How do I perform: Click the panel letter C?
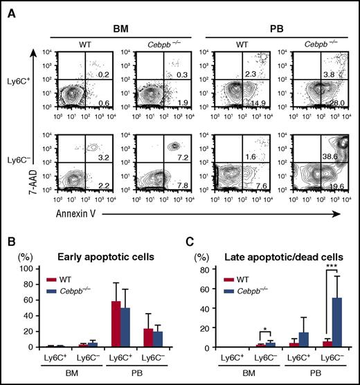190,244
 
